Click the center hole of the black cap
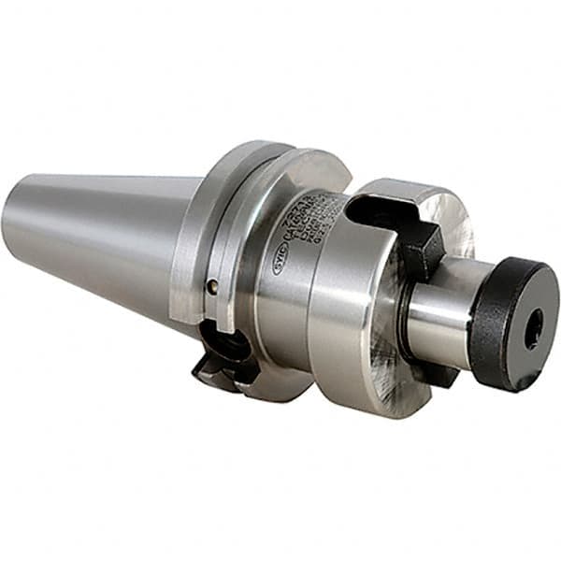(533, 329)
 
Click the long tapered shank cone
(103, 234)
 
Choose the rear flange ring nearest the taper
(192, 243)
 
